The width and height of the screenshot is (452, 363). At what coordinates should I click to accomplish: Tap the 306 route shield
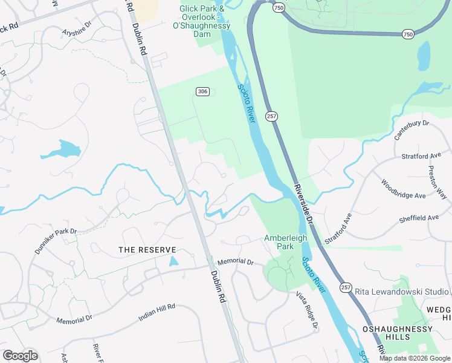tap(202, 91)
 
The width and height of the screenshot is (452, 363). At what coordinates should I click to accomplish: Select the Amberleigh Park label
tap(286, 242)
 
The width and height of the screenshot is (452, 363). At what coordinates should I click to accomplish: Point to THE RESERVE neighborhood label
tap(147, 250)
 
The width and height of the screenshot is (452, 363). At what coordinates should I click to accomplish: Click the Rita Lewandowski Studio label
tap(401, 292)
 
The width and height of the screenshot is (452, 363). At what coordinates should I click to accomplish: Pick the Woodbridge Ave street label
tap(403, 188)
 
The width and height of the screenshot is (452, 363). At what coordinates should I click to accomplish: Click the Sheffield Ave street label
tap(418, 218)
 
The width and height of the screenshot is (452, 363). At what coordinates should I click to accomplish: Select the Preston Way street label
tap(437, 182)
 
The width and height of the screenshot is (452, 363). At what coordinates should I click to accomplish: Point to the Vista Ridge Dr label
tap(307, 310)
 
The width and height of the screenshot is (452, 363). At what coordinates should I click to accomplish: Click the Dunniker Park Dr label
tap(56, 240)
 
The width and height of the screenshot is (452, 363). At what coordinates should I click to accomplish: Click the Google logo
tap(19, 356)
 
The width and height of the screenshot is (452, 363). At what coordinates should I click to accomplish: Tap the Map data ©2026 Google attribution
tap(415, 358)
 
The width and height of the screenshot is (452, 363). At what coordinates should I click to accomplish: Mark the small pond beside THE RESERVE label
tap(174, 261)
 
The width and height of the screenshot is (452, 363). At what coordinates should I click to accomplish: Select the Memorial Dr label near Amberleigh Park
tap(236, 261)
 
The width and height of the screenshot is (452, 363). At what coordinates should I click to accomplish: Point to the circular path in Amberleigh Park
tap(279, 278)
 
